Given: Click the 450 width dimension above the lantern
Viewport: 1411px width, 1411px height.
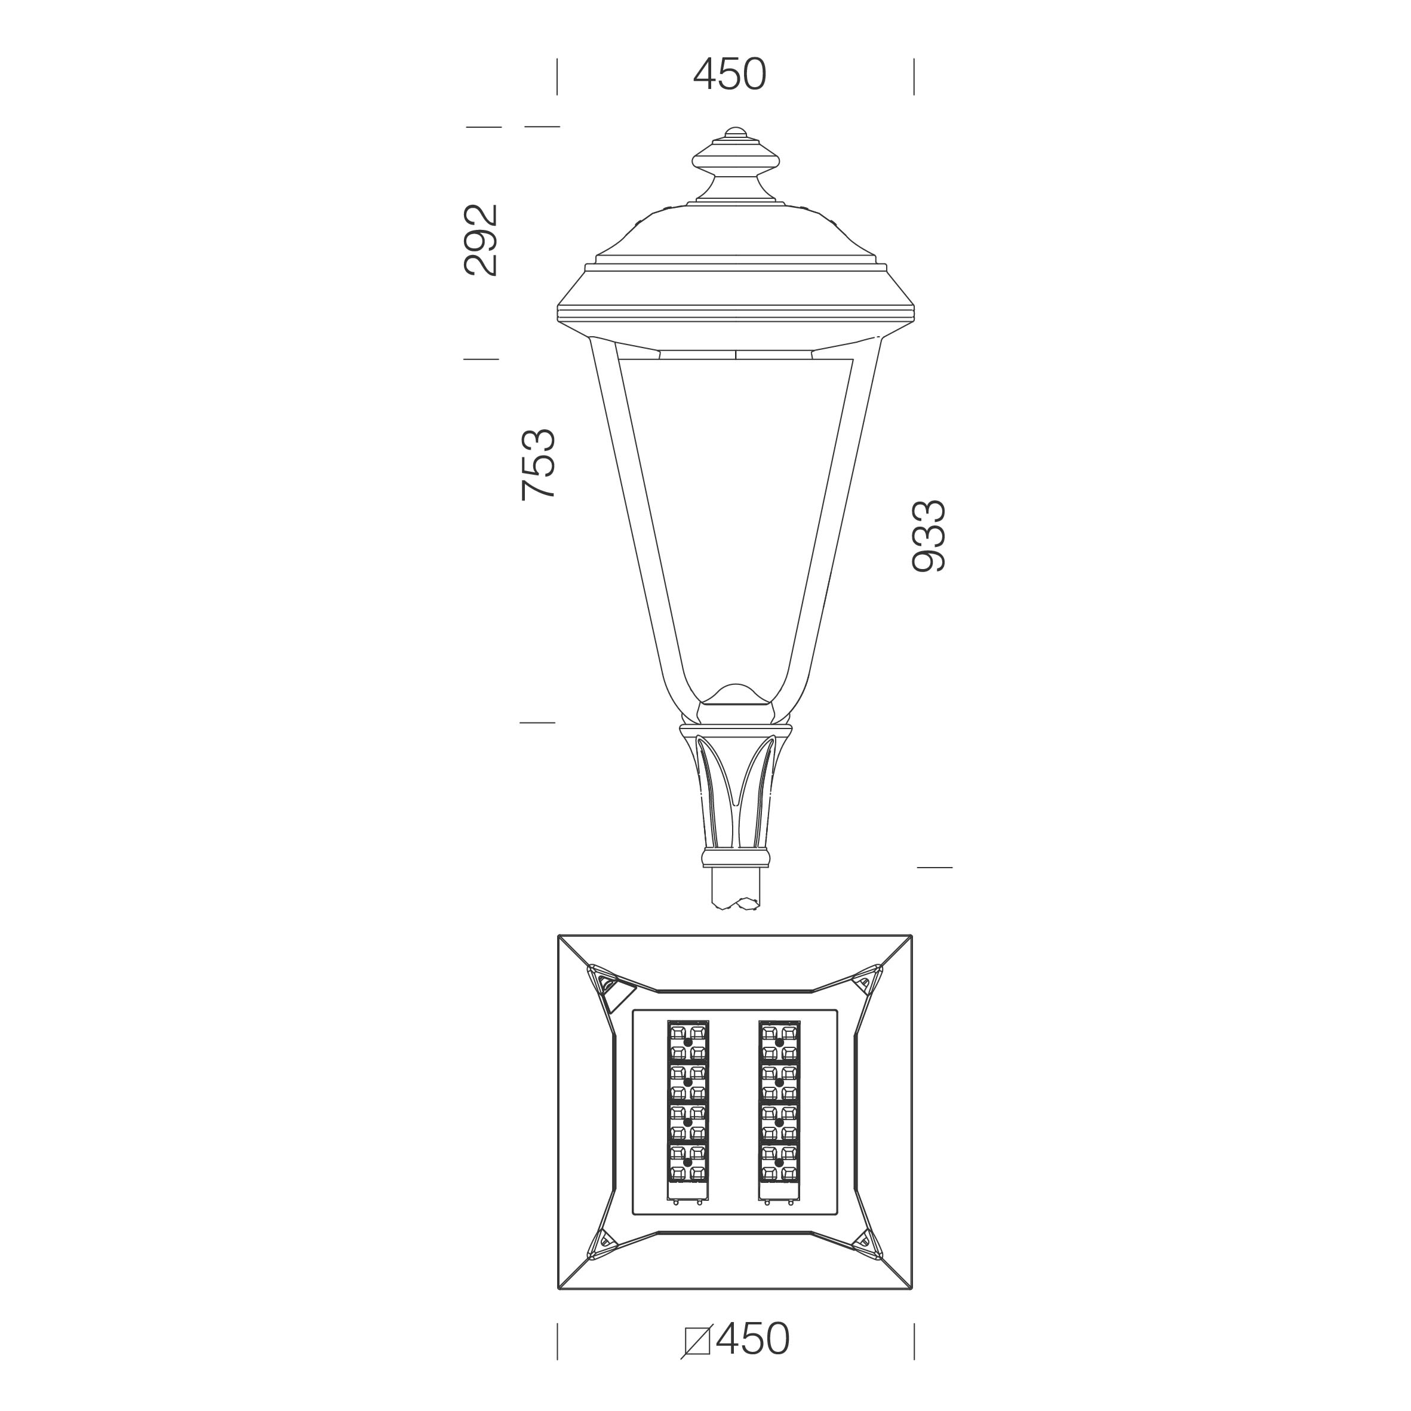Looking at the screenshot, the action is (730, 75).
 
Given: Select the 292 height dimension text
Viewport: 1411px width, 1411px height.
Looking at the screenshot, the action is (481, 240).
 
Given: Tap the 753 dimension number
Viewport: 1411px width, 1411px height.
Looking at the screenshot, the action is (539, 465).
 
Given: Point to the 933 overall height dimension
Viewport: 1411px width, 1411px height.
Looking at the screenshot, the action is (929, 536).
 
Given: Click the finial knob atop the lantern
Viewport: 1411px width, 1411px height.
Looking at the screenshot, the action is (736, 163).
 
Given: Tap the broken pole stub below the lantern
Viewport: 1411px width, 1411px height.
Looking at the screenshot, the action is (736, 888).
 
